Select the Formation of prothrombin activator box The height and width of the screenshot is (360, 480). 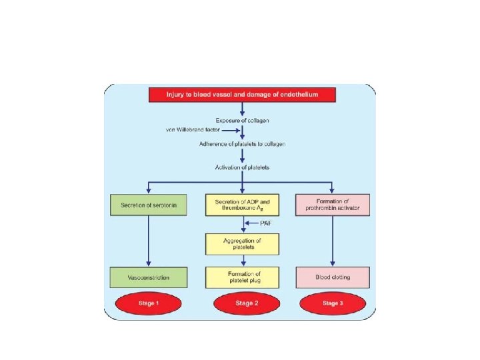click(x=332, y=205)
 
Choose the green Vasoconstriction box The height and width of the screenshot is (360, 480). click(x=149, y=277)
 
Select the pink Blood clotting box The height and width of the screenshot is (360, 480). click(x=332, y=277)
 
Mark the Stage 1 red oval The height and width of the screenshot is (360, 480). click(x=148, y=304)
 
